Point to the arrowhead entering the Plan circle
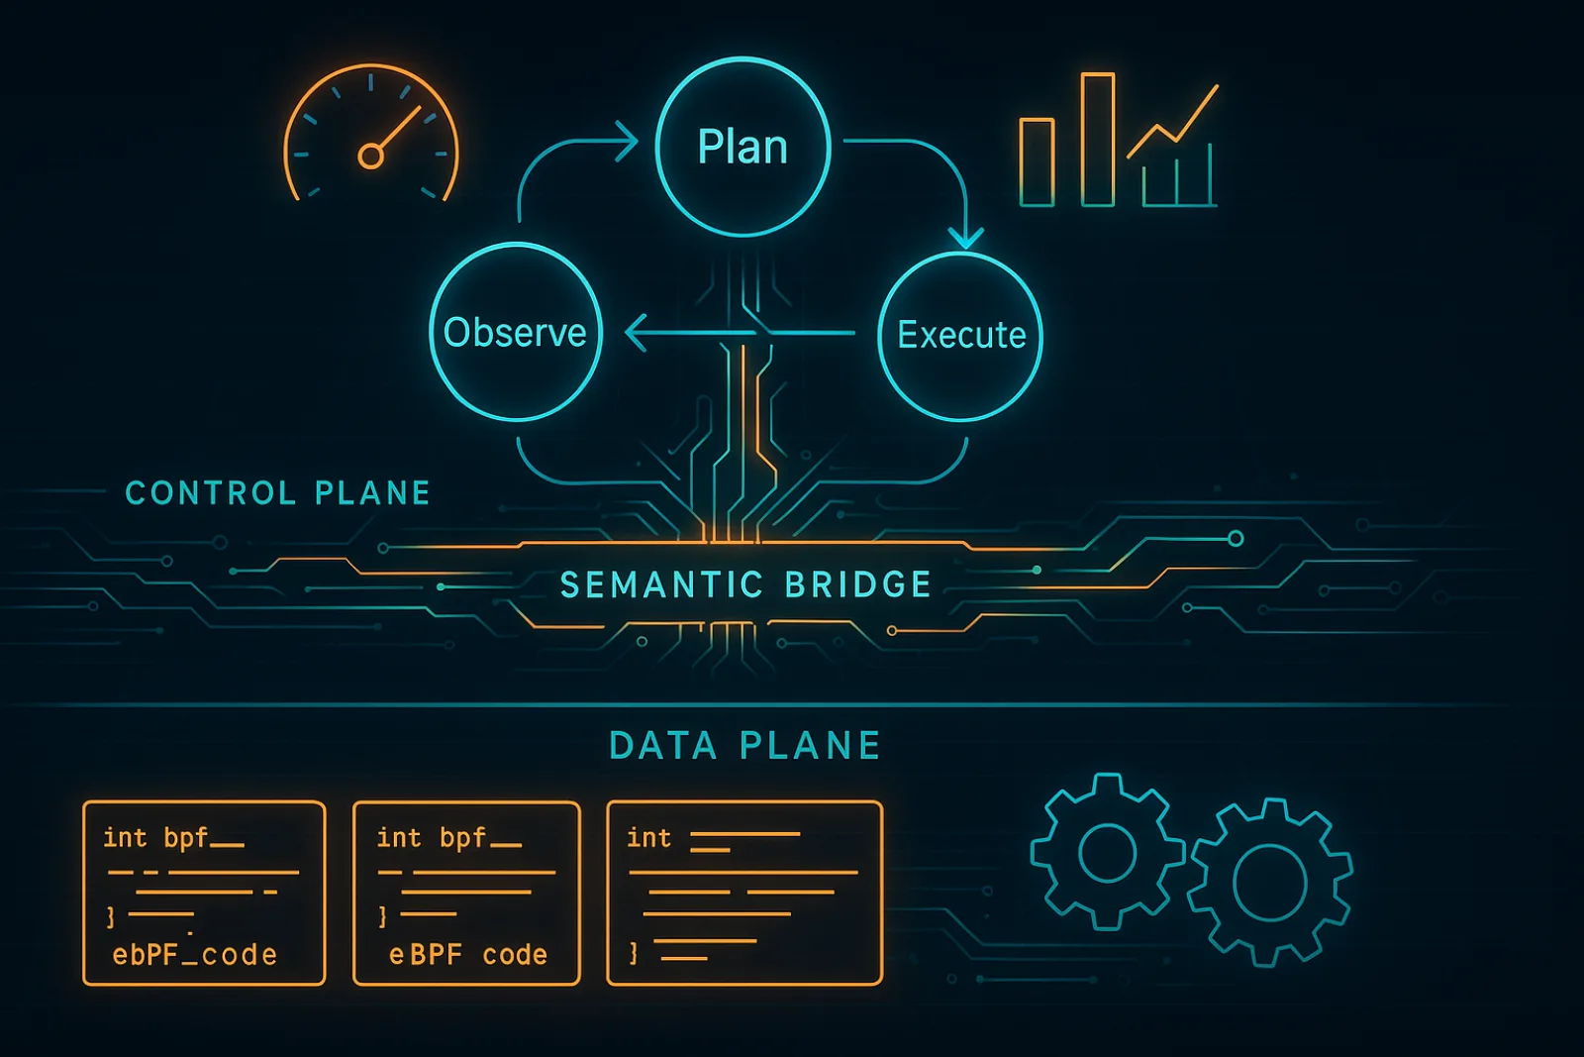pyautogui.click(x=628, y=141)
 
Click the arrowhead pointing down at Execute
pyautogui.click(x=965, y=237)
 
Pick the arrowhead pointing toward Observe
pyautogui.click(x=637, y=333)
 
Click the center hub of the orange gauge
pyautogui.click(x=370, y=156)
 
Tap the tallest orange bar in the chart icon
pyautogui.click(x=1098, y=140)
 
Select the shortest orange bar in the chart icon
pyautogui.click(x=1037, y=162)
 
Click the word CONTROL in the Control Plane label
pyautogui.click(x=210, y=493)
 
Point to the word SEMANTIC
pyautogui.click(x=662, y=585)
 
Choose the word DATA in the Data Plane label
pyautogui.click(x=663, y=746)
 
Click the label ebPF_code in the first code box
pyautogui.click(x=194, y=955)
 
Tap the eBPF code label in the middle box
pyautogui.click(x=468, y=955)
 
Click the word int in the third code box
pyautogui.click(x=648, y=838)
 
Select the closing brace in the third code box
pyautogui.click(x=634, y=954)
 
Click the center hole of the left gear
pyautogui.click(x=1108, y=853)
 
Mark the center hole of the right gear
pyautogui.click(x=1269, y=883)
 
